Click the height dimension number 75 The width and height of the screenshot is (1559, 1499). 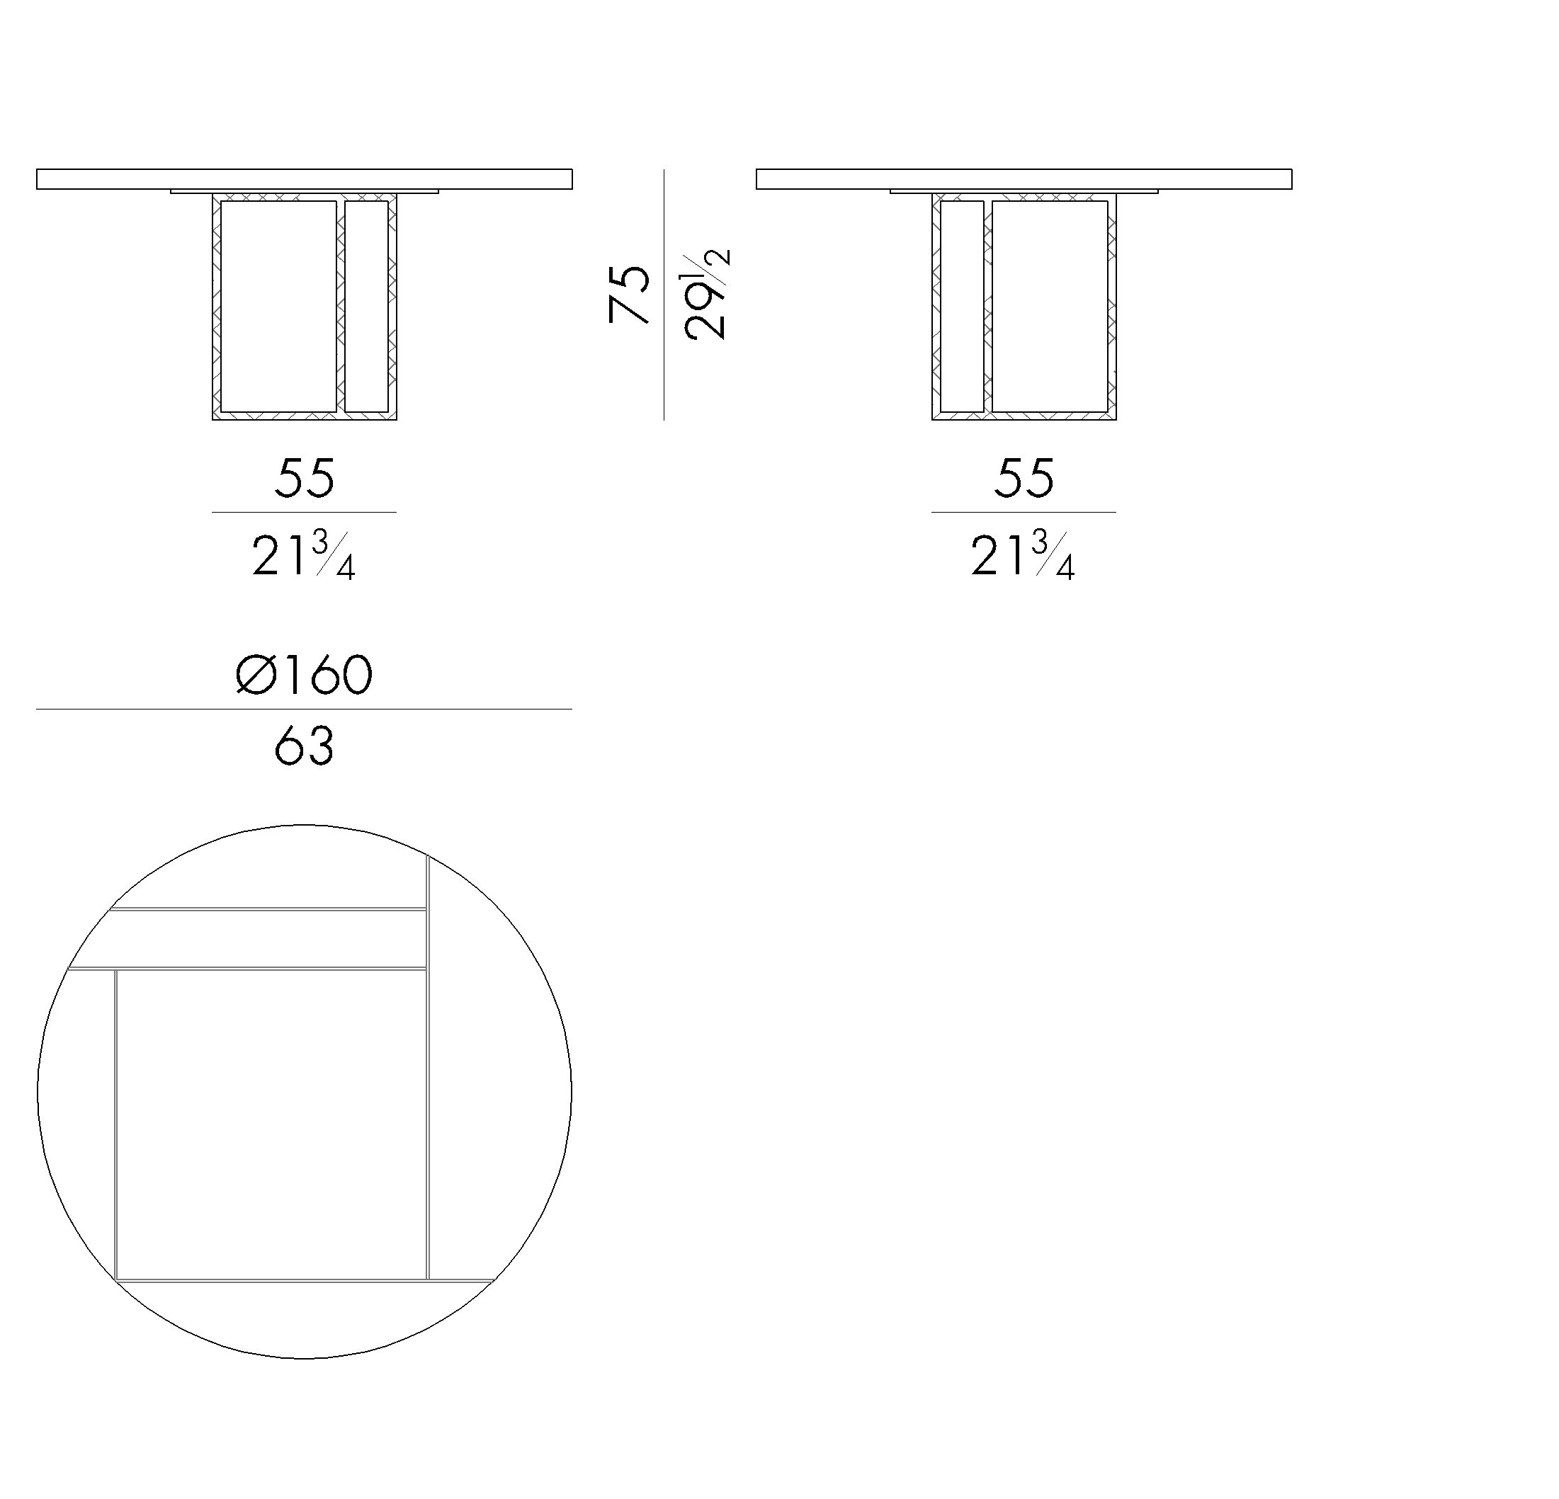click(x=628, y=295)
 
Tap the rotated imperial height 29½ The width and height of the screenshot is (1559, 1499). click(x=705, y=295)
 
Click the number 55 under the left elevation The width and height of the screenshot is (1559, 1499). click(x=304, y=478)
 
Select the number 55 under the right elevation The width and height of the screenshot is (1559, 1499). click(x=1024, y=478)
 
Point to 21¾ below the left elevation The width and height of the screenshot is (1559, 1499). click(x=304, y=555)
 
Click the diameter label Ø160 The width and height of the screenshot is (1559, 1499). click(x=304, y=675)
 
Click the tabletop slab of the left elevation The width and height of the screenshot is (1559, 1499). click(x=304, y=179)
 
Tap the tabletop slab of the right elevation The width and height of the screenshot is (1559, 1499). click(x=1024, y=179)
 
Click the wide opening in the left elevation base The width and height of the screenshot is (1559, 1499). click(x=278, y=306)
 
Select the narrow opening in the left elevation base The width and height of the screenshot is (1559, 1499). click(x=367, y=306)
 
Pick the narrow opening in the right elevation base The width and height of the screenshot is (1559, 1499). click(x=962, y=306)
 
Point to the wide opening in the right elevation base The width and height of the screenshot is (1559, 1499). click(x=1050, y=306)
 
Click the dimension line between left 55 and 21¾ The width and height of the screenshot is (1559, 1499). click(x=304, y=512)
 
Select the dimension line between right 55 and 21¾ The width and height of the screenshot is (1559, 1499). click(x=1024, y=512)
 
